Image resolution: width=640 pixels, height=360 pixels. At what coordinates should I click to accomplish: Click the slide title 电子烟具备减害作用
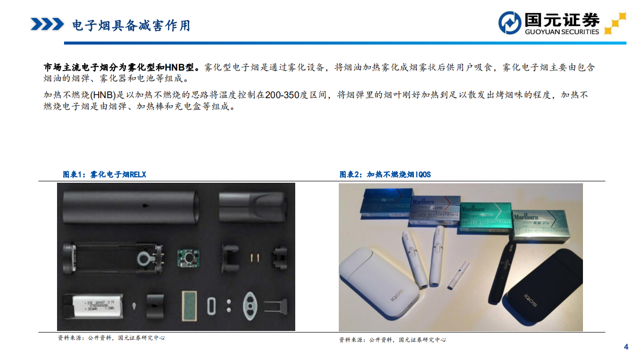[131, 25]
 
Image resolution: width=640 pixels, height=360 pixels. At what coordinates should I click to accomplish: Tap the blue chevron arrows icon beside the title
[47, 24]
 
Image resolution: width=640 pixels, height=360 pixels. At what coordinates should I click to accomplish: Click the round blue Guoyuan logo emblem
[509, 23]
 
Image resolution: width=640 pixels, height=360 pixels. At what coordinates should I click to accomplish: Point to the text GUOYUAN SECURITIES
[561, 32]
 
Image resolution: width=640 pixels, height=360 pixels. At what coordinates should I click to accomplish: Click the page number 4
[625, 347]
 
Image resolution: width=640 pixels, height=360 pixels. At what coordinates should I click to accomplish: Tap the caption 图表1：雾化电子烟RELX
[104, 174]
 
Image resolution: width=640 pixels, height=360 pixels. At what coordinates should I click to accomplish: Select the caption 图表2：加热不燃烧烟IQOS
[385, 174]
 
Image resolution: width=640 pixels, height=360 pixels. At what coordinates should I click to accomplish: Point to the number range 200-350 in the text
[282, 95]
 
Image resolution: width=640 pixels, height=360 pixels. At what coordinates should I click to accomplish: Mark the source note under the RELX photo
[111, 338]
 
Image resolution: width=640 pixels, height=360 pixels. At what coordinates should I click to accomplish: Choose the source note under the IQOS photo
[392, 339]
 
